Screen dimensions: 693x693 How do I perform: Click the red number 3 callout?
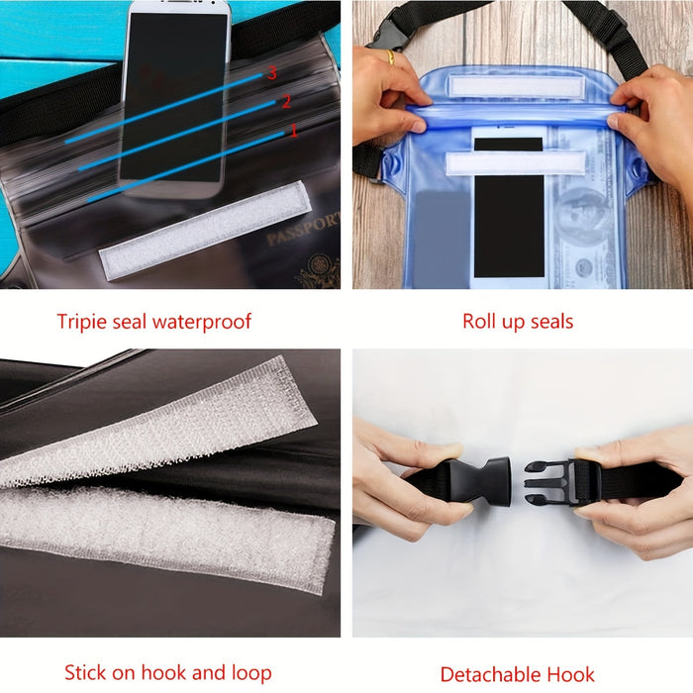271,72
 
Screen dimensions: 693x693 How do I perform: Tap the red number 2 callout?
285,101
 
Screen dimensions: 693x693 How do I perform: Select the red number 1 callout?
292,130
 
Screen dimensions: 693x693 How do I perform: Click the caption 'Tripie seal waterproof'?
153,321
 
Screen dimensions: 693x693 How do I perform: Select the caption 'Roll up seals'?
517,321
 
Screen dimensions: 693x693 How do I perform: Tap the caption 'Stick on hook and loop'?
167,673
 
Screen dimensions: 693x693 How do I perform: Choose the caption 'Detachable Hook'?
517,675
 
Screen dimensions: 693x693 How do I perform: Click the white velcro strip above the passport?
204,229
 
